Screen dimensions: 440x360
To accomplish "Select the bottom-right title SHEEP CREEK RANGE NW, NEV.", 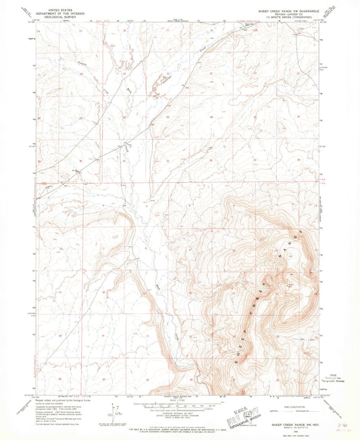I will (294, 418).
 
